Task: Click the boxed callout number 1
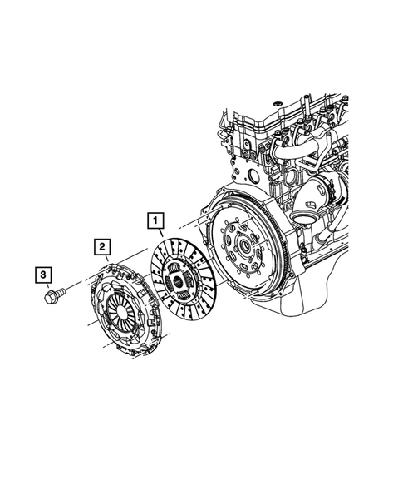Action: (155, 221)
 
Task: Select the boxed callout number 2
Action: (101, 246)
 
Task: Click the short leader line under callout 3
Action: (44, 285)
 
